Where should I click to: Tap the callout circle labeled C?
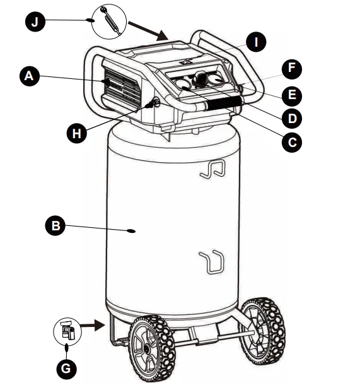coord(291,141)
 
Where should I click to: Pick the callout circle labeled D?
coord(291,118)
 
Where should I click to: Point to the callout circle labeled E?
coord(291,95)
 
